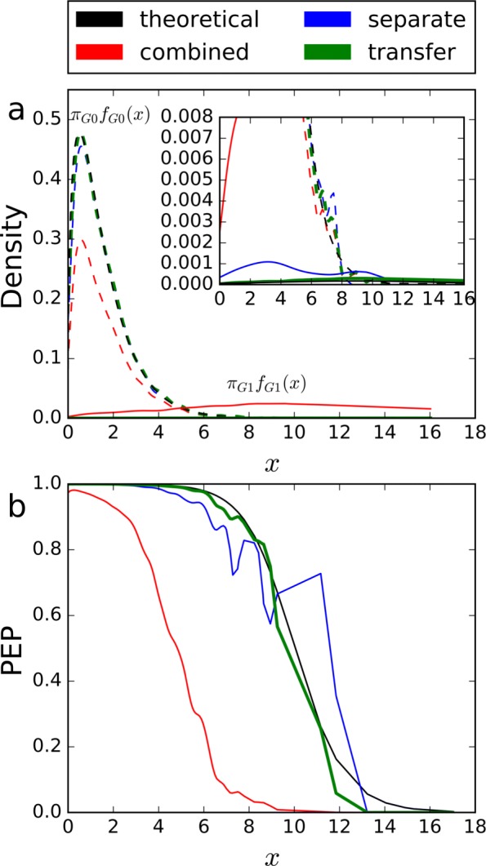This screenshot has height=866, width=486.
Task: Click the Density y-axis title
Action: click(x=20, y=254)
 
